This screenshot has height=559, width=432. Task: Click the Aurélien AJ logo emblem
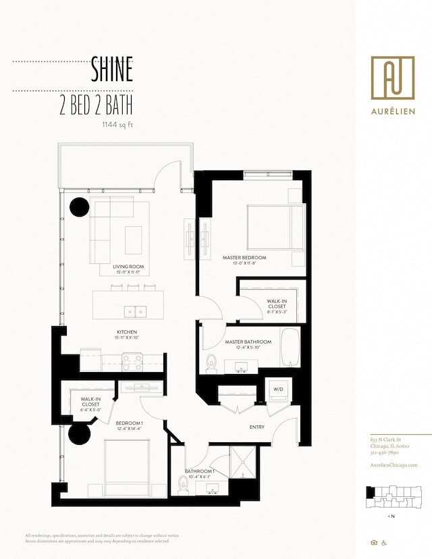point(392,77)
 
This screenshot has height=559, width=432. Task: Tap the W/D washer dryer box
point(278,390)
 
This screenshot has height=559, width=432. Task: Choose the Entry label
point(256,427)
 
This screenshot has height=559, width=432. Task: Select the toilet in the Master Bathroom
point(211,363)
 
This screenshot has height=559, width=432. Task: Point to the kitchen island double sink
point(135,311)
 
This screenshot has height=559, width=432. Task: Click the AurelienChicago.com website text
point(394,465)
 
